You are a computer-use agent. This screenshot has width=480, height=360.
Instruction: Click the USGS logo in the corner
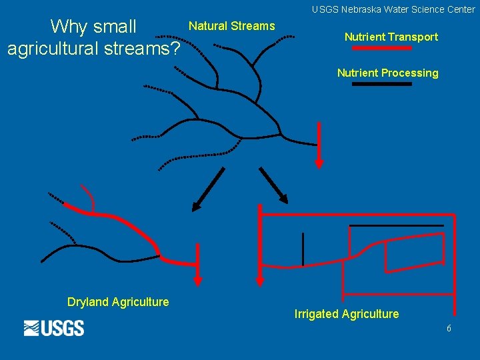(x=54, y=328)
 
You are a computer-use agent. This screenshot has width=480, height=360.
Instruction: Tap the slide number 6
(x=449, y=329)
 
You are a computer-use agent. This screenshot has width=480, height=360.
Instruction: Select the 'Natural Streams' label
(x=232, y=26)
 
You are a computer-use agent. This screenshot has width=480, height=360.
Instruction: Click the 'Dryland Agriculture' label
(x=118, y=302)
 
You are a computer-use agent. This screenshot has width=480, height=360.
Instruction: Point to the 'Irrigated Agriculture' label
(x=347, y=314)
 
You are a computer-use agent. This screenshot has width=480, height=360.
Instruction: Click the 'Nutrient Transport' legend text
(x=391, y=37)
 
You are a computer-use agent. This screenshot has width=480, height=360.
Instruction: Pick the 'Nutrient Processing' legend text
(x=387, y=73)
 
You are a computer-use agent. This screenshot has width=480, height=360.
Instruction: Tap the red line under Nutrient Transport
(x=382, y=49)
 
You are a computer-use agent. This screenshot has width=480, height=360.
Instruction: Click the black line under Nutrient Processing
(x=382, y=85)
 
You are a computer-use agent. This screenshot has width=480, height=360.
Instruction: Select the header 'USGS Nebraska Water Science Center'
(x=393, y=9)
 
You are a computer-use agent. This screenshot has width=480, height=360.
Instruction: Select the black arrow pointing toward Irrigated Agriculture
(x=273, y=185)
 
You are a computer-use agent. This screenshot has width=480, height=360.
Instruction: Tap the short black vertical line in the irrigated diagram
(x=303, y=249)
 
